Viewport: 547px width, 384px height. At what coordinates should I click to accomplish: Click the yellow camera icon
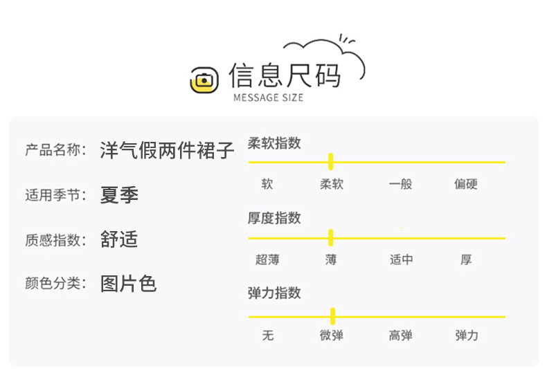[204, 80]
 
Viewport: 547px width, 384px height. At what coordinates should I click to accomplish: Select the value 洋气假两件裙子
[168, 150]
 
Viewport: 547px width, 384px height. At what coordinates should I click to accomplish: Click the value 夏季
[119, 195]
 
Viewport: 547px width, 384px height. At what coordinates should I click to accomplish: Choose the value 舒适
[119, 239]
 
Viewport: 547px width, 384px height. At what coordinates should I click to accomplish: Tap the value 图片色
[129, 284]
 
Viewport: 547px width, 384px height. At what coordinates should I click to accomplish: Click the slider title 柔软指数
[274, 143]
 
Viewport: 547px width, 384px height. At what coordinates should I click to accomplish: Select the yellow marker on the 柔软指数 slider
[331, 162]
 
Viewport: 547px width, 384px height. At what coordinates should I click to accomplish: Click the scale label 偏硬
[466, 185]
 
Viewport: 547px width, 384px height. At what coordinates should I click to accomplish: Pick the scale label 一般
[400, 185]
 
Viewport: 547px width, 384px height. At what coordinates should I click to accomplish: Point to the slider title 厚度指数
[274, 218]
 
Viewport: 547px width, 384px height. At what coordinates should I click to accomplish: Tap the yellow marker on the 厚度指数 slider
[331, 238]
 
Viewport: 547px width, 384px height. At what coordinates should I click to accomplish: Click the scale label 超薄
[267, 260]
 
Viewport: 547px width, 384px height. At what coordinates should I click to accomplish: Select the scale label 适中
[401, 260]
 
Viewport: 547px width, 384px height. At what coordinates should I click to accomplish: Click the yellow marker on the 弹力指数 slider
[333, 316]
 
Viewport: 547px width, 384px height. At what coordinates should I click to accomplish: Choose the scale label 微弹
[331, 336]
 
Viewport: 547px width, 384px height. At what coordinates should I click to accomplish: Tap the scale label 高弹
[400, 336]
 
